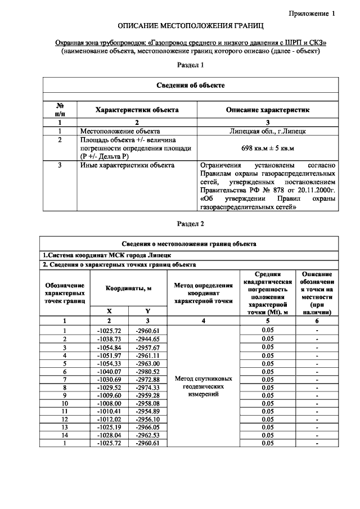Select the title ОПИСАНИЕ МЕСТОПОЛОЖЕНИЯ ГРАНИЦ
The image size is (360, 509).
[190, 26]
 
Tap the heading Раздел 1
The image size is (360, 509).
[190, 66]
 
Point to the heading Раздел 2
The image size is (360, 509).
[190, 224]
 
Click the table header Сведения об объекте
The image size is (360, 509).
[190, 85]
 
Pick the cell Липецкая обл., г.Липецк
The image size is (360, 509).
[267, 131]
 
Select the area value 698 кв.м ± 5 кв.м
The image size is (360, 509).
[267, 148]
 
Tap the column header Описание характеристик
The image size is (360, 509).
[267, 110]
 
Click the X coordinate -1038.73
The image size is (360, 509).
[109, 339]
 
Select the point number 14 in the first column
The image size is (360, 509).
[65, 435]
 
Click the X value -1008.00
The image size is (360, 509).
[109, 403]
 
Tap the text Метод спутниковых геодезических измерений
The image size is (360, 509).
[204, 387]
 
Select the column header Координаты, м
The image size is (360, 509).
[129, 288]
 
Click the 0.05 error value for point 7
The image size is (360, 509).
[267, 380]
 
